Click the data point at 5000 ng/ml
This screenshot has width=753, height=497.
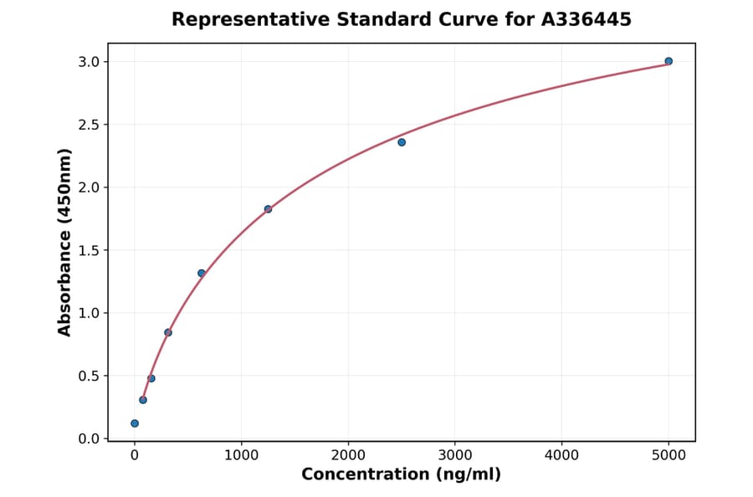coord(668,61)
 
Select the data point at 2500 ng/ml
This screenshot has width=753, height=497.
coord(402,142)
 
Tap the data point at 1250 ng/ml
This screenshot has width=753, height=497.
coord(268,209)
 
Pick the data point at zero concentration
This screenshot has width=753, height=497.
coord(135,423)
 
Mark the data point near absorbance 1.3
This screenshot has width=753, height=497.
coord(202,273)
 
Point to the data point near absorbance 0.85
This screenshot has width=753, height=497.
coord(168,332)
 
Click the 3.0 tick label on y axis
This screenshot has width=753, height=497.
coord(89,62)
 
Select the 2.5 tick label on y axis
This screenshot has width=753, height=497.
coord(89,125)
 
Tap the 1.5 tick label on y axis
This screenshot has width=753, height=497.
coord(89,250)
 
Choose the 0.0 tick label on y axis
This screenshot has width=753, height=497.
coord(89,438)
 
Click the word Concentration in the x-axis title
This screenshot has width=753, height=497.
coord(366,475)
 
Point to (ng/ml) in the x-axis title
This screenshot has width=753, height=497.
coord(469,475)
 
